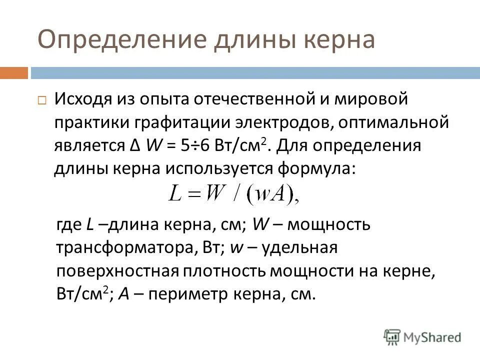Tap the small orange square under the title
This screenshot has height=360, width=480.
click(x=13, y=73)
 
